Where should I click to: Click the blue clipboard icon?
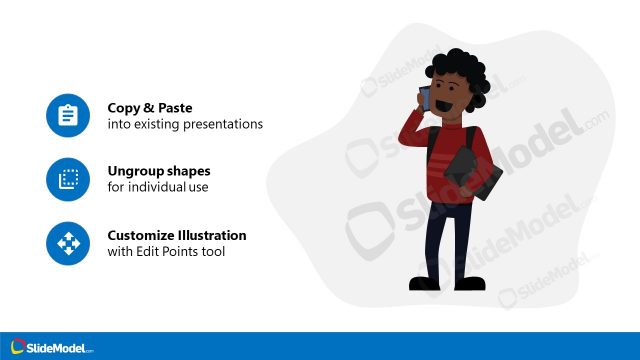tap(68, 116)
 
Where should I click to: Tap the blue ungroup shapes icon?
tap(68, 179)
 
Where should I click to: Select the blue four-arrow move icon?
tap(68, 243)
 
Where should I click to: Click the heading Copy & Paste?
tap(150, 107)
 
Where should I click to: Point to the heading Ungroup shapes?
tap(159, 170)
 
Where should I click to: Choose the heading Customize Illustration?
tap(177, 235)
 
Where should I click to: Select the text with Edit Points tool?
tap(166, 252)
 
